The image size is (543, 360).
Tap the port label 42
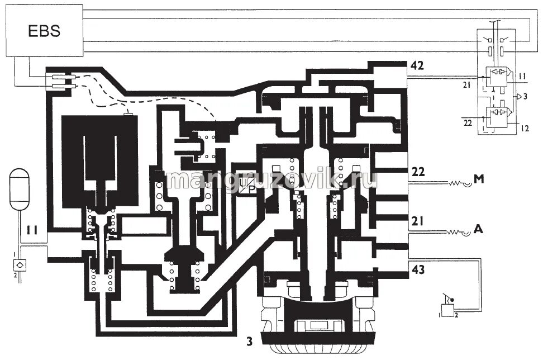pyautogui.click(x=417, y=66)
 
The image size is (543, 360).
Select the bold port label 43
pyautogui.click(x=417, y=269)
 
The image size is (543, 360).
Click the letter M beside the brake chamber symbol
pyautogui.click(x=479, y=179)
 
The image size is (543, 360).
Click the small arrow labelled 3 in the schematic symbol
pyautogui.click(x=521, y=96)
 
